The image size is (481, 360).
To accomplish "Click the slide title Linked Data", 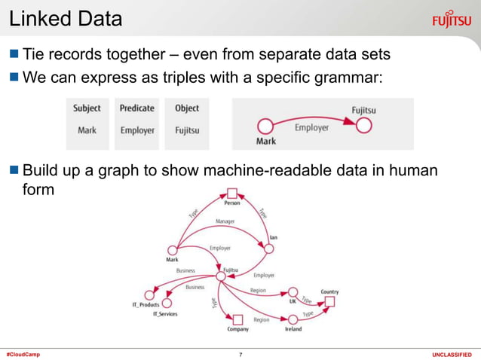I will click(x=66, y=19).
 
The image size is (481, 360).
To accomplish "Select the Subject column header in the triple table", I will click(x=87, y=108).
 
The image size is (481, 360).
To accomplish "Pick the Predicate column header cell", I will click(x=136, y=108).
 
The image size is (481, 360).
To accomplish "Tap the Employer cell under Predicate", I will click(x=137, y=130).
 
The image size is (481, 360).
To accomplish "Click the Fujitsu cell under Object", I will click(x=186, y=130).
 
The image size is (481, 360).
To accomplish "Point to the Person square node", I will click(x=232, y=193).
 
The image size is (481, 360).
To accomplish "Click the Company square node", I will click(x=237, y=319).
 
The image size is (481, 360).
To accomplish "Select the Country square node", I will click(x=329, y=302).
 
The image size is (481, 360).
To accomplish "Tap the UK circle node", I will click(x=293, y=291).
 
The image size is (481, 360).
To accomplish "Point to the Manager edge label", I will click(x=225, y=221).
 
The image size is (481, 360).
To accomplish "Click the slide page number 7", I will click(x=240, y=354).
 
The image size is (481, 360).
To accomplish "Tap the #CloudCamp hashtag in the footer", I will click(x=23, y=354).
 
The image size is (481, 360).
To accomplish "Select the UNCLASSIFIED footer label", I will click(x=451, y=354).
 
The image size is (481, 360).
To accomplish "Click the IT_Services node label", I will click(x=165, y=313).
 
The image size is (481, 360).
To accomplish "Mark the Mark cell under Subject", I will click(x=87, y=130).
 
